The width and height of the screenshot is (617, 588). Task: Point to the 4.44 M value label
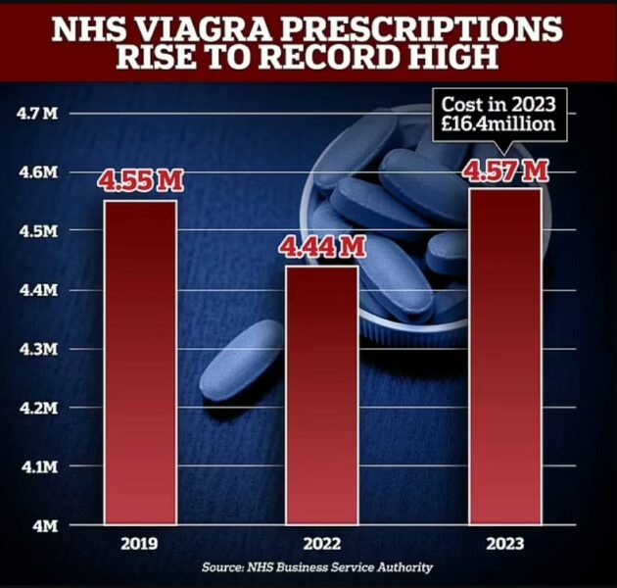(323, 247)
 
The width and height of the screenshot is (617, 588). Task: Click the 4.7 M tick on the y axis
(38, 114)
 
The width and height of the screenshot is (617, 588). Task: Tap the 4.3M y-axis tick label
(39, 349)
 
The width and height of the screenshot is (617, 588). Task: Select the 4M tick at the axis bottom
(46, 526)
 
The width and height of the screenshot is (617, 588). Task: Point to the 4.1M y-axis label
(39, 467)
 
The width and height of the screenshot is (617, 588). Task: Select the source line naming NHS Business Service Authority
(317, 567)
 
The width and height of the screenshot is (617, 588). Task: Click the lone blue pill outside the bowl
(243, 360)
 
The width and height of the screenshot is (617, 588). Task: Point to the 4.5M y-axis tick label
(39, 231)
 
